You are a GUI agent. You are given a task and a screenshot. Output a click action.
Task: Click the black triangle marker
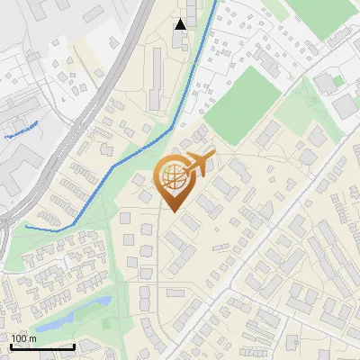pyautogui.click(x=181, y=24)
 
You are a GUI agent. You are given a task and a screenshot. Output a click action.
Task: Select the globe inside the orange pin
pyautogui.click(x=173, y=177)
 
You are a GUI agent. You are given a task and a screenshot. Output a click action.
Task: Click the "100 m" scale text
pyautogui.click(x=23, y=338)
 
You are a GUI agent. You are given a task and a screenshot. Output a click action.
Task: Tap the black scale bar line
pyautogui.click(x=41, y=346)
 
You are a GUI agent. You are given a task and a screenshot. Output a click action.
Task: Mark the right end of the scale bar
pyautogui.click(x=74, y=346)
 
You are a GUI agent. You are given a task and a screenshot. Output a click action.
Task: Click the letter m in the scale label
pyautogui.click(x=32, y=338)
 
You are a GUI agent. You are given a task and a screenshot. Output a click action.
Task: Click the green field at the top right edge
pyautogui.click(x=333, y=18)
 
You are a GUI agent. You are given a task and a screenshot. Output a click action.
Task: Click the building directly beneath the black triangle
pyautogui.click(x=181, y=40)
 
